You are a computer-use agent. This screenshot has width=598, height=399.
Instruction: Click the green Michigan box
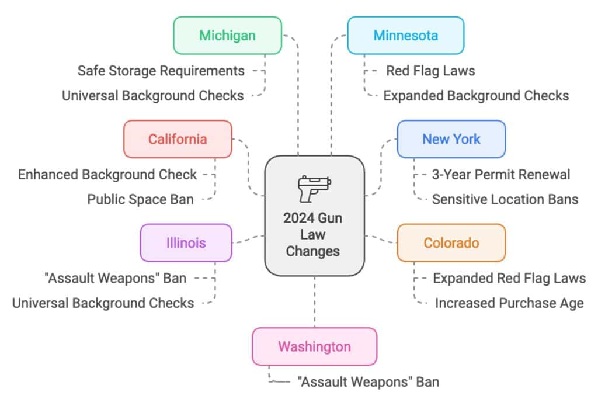(227, 35)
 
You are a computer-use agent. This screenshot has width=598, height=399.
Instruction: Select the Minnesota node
(405, 35)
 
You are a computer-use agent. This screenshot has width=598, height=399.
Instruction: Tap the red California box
(178, 139)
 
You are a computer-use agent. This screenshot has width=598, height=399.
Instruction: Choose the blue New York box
(451, 139)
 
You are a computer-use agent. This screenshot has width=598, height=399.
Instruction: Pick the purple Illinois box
(186, 242)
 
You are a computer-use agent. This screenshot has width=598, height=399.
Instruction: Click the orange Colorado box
(451, 242)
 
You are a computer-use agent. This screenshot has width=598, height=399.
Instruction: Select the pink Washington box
(314, 346)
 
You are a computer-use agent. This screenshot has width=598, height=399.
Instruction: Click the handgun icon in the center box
(314, 188)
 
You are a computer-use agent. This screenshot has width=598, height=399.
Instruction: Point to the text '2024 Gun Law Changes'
(314, 234)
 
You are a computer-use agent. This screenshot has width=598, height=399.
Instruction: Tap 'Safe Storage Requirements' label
(161, 71)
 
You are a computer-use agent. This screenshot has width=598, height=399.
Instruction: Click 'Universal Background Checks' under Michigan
(153, 95)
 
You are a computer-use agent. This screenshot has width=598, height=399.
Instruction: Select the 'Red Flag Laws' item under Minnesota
(430, 71)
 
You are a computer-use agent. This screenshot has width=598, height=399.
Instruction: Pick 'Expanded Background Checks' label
(476, 95)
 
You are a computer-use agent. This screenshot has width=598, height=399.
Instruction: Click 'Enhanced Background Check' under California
(107, 174)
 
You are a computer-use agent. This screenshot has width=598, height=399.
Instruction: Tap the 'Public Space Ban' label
(140, 199)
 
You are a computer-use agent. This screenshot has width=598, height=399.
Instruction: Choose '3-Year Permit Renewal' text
(501, 174)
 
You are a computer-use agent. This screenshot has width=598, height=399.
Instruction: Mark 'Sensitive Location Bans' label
(505, 199)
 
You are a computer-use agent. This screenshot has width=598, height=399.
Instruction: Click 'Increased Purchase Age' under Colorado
(509, 303)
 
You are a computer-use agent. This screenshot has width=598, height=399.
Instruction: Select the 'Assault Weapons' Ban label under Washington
(368, 382)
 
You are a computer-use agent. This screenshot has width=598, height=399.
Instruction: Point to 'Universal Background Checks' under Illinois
(103, 303)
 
